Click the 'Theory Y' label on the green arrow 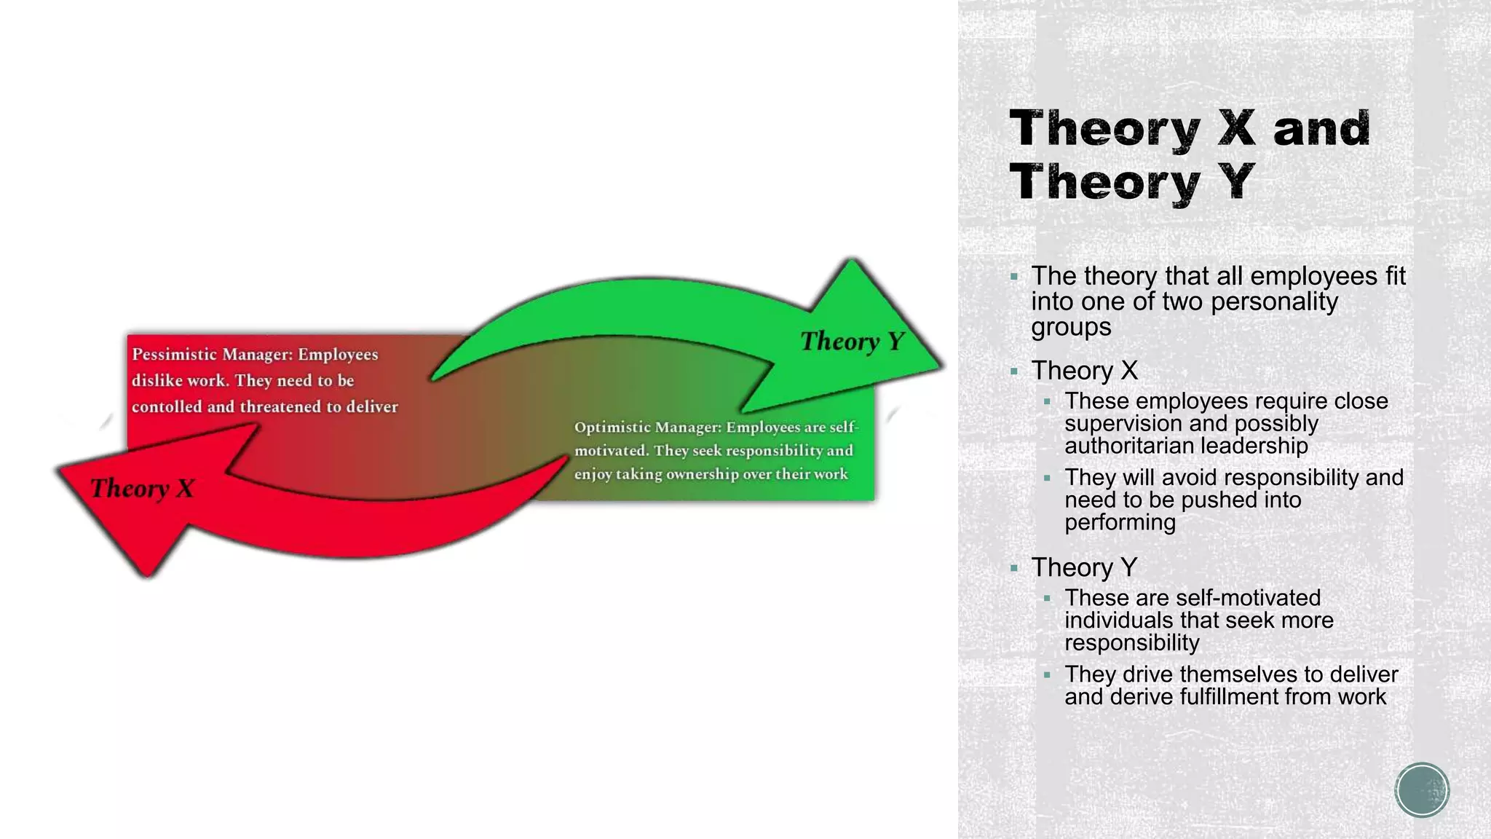tap(852, 341)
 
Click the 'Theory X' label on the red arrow tap(143, 488)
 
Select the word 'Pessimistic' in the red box tap(174, 355)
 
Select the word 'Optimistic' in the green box tap(611, 428)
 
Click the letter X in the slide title tap(1237, 128)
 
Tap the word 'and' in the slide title tap(1321, 128)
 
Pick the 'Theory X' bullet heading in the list tap(1084, 371)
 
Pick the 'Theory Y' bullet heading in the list tap(1084, 567)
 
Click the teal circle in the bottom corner tap(1422, 790)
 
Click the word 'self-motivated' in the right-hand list tap(1247, 598)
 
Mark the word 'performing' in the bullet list tap(1120, 522)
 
